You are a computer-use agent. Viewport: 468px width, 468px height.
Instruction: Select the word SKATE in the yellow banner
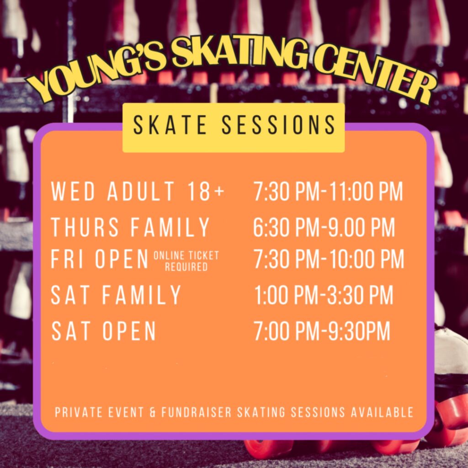[x=170, y=125]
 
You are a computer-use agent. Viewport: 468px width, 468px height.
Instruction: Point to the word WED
[x=73, y=191]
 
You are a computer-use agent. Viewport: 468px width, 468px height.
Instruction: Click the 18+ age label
[x=206, y=191]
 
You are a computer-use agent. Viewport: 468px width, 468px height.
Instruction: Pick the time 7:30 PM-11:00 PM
[x=328, y=191]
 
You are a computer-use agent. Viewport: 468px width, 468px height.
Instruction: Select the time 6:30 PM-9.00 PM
[x=324, y=227]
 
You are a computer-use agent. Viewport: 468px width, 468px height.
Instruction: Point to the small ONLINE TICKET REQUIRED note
[x=186, y=261]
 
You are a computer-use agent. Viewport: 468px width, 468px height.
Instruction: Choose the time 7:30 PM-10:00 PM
[x=329, y=259]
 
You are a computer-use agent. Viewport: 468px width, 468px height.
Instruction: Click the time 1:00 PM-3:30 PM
[x=324, y=295]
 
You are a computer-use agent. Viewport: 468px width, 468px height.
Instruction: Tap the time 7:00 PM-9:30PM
[x=322, y=331]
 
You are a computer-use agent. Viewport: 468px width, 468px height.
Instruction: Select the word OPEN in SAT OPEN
[x=129, y=331]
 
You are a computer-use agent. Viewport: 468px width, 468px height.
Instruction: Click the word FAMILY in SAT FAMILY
[x=142, y=295]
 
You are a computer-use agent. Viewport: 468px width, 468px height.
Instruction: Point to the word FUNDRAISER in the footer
[x=197, y=412]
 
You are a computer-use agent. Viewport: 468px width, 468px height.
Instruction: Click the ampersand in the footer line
[x=153, y=412]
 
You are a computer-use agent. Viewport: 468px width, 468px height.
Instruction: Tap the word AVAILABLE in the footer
[x=382, y=412]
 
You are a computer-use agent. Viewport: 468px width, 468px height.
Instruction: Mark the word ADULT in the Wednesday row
[x=141, y=191]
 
